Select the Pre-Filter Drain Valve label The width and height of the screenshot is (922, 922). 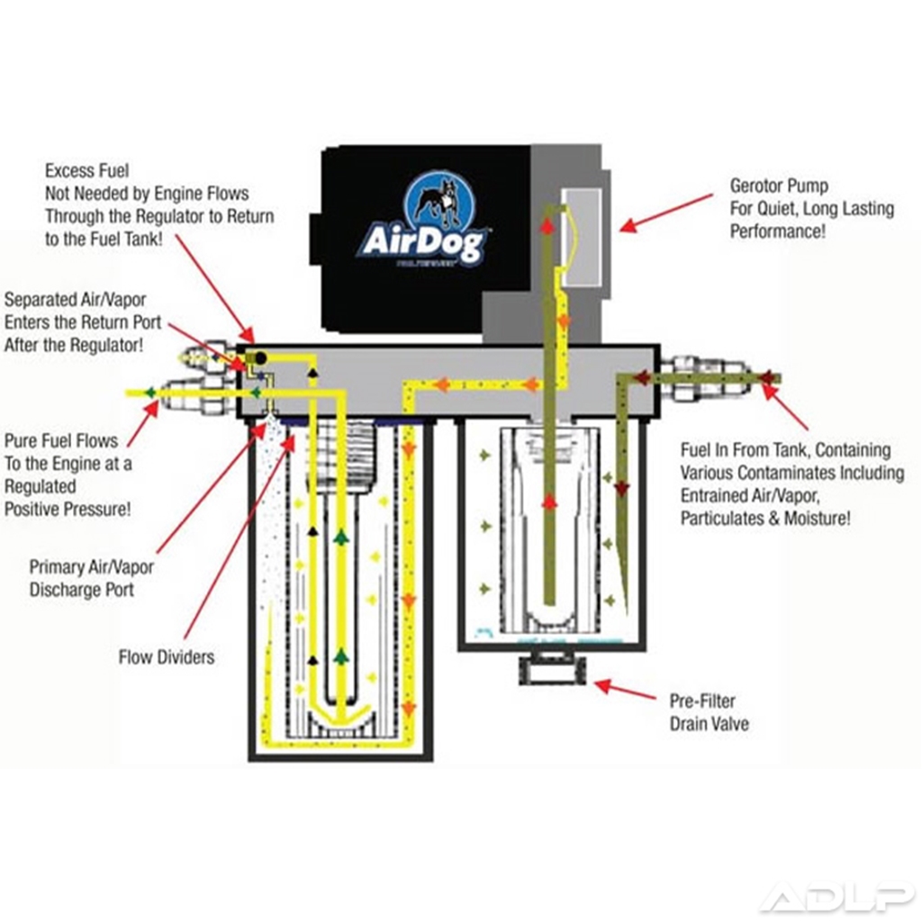coord(709,712)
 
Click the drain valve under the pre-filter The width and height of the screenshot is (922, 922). coord(552,670)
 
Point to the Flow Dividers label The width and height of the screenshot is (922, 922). coord(167,657)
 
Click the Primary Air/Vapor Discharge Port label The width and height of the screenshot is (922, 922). coord(91,579)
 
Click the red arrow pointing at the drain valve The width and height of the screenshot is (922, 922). coord(625,690)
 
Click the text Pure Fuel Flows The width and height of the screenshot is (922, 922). coord(61,441)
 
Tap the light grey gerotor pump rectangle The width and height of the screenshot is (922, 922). coord(581,235)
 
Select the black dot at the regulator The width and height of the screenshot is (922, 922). coord(260,357)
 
